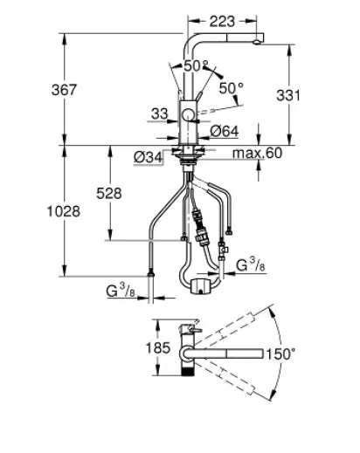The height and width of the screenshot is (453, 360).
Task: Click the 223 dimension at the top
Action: (x=222, y=22)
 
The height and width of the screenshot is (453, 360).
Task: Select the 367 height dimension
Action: (x=64, y=90)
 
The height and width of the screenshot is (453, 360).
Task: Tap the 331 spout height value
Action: (x=288, y=95)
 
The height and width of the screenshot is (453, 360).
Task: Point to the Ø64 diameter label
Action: (x=225, y=132)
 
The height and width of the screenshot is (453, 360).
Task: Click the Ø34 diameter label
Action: (x=148, y=158)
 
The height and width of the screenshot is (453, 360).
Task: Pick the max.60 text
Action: (x=257, y=153)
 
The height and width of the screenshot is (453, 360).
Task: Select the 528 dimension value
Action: (x=109, y=194)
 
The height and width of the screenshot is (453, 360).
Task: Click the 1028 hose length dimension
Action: (x=64, y=211)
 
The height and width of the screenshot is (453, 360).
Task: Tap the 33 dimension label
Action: (x=160, y=114)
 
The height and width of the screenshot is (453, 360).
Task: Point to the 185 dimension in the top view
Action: (x=157, y=347)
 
